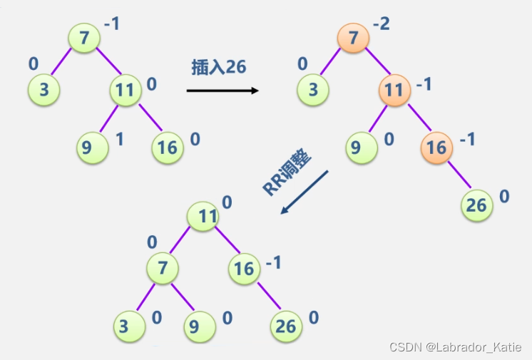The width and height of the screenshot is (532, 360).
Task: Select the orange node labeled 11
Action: point(394,91)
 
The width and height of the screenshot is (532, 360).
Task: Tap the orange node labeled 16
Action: point(436,147)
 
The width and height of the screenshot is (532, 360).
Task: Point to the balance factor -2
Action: point(382,24)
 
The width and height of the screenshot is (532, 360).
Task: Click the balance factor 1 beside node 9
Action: point(119,138)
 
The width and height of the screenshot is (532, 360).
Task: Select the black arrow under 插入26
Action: point(222,91)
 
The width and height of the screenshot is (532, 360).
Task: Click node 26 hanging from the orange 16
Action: point(476,205)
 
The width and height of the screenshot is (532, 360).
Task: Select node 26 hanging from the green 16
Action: point(285,326)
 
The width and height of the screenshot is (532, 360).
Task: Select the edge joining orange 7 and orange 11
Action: point(374,63)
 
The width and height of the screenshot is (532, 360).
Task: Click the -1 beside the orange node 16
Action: point(467,139)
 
